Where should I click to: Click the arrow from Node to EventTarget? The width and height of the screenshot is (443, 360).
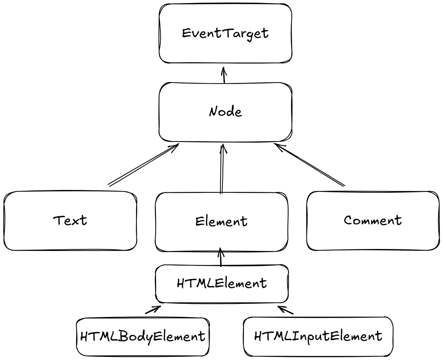[x=224, y=75]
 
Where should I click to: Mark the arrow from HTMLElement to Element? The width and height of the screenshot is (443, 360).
[x=221, y=257]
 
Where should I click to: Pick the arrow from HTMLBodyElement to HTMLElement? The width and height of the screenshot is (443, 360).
[x=153, y=310]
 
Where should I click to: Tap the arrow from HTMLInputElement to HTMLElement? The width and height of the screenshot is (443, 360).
[x=285, y=310]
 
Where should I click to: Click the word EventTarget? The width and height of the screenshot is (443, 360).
[x=225, y=33]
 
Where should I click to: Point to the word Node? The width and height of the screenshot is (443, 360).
[x=225, y=112]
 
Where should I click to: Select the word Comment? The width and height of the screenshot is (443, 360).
[x=373, y=220]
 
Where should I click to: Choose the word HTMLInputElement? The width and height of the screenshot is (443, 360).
[x=317, y=336]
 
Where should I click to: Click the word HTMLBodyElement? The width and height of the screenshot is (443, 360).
[x=143, y=336]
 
